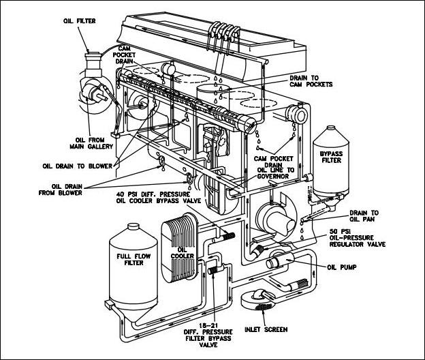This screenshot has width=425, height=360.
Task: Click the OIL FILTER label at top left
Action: [x=78, y=21]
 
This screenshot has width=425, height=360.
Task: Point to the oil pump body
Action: [x=279, y=258]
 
